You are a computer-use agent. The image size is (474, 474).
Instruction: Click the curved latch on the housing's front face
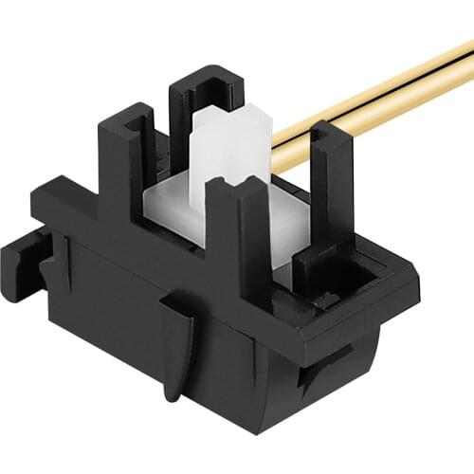pos(176,341)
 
